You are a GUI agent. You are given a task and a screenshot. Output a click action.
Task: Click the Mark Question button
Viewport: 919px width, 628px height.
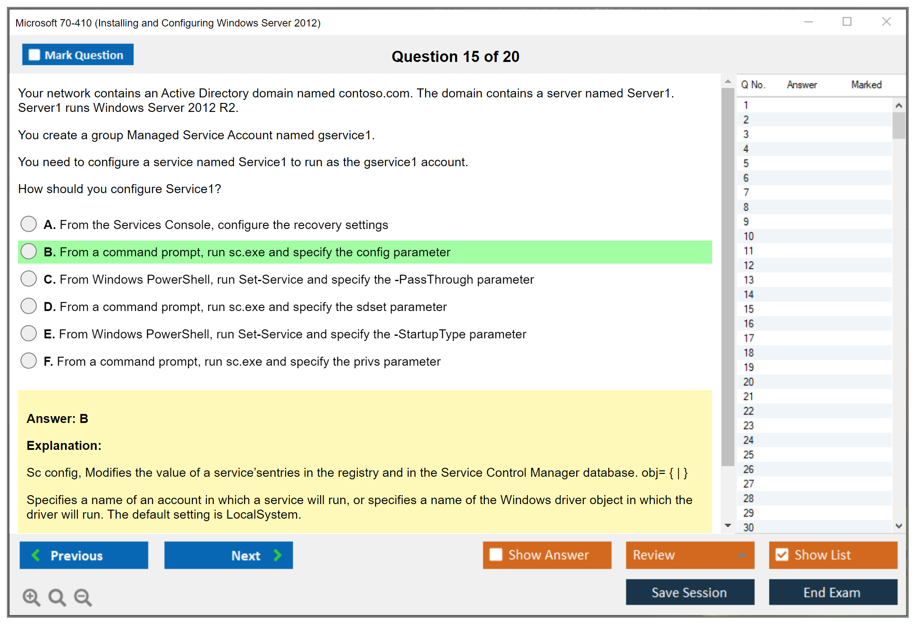pyautogui.click(x=78, y=55)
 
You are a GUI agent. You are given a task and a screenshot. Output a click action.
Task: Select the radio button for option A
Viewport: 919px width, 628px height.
pyautogui.click(x=29, y=224)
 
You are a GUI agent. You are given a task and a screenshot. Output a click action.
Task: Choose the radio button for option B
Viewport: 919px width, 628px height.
pyautogui.click(x=29, y=251)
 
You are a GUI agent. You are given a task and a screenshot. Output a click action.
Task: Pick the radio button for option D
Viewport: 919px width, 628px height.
pyautogui.click(x=29, y=306)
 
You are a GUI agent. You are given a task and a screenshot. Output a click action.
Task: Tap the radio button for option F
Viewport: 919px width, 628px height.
pyautogui.click(x=29, y=361)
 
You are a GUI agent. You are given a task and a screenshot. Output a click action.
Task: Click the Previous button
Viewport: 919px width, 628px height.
pyautogui.click(x=84, y=555)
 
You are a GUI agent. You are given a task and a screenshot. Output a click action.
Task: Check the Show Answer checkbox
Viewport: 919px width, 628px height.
pyautogui.click(x=496, y=555)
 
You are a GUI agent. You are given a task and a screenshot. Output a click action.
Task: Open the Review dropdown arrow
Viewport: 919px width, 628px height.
pyautogui.click(x=742, y=555)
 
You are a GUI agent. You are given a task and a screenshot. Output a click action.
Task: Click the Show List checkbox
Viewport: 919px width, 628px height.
pyautogui.click(x=782, y=555)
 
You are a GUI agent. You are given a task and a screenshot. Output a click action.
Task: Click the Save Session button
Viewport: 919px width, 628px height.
pyautogui.click(x=690, y=592)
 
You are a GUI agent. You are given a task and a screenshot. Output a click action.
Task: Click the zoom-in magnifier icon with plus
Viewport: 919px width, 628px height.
pyautogui.click(x=32, y=597)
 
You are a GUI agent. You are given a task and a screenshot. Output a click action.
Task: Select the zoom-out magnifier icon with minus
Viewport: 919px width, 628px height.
pyautogui.click(x=83, y=597)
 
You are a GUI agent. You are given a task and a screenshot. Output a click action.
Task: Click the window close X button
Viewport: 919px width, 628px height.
pyautogui.click(x=887, y=21)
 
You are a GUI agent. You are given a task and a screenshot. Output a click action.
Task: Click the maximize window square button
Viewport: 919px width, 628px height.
pyautogui.click(x=847, y=21)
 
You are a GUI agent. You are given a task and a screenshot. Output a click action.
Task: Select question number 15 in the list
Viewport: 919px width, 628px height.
pyautogui.click(x=748, y=309)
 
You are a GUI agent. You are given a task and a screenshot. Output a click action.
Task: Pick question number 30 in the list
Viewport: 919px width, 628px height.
pyautogui.click(x=748, y=527)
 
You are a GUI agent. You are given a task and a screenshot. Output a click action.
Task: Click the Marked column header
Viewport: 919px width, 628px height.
pyautogui.click(x=866, y=85)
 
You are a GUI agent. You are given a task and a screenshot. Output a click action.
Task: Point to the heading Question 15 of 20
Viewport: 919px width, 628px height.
pyautogui.click(x=456, y=56)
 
